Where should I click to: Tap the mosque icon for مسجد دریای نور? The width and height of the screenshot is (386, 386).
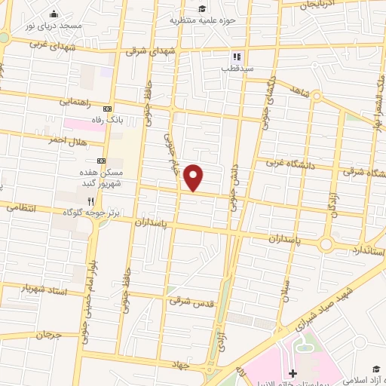(54, 14)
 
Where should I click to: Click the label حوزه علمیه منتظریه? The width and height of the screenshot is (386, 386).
(201, 20)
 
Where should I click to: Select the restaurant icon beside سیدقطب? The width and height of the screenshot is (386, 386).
(235, 57)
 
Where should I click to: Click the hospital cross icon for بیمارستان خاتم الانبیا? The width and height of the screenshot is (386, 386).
(293, 374)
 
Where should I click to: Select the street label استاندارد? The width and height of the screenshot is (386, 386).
(368, 249)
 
